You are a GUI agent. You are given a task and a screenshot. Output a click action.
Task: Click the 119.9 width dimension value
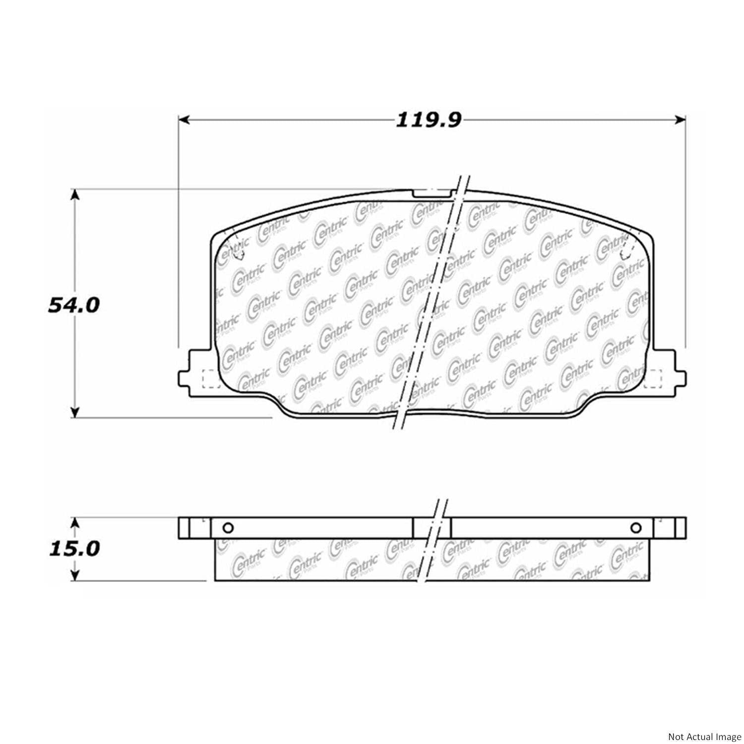(x=429, y=120)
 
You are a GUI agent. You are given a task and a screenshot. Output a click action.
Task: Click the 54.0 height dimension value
(x=74, y=305)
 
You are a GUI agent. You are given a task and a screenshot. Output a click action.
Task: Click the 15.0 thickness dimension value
(x=74, y=549)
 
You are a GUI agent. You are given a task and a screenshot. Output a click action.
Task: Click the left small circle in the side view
(x=228, y=528)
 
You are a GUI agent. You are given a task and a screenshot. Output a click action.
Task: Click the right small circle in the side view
(x=636, y=528)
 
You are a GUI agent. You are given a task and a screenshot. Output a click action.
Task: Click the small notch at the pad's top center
(x=432, y=194)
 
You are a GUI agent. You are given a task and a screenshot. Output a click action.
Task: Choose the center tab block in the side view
(x=432, y=528)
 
